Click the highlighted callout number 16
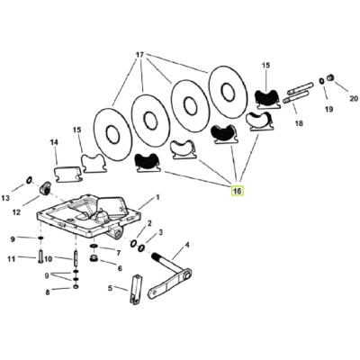238,191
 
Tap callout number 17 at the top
139,55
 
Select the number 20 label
354,98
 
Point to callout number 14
54,142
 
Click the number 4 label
187,245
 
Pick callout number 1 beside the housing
157,197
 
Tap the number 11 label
11,258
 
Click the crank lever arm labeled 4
170,276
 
